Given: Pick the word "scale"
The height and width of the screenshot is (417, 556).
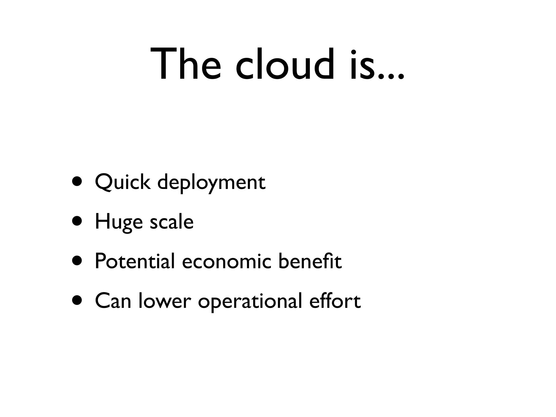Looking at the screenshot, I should tap(172, 222).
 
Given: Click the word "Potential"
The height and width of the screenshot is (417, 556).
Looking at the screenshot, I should tap(135, 261).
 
